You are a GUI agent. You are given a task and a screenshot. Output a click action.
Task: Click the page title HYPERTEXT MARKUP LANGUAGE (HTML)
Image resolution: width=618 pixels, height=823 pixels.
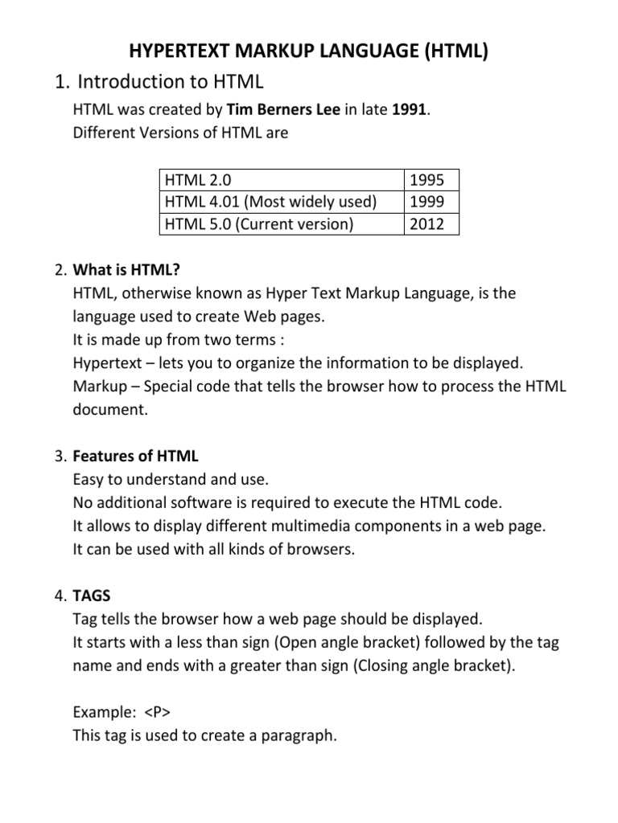309,53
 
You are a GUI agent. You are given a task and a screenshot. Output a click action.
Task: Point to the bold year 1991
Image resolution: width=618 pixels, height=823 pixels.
410,110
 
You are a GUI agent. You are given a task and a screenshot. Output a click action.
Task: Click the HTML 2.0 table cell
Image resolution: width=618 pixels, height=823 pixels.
198,180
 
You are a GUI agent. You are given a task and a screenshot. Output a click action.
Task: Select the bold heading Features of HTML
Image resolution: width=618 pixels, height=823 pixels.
135,457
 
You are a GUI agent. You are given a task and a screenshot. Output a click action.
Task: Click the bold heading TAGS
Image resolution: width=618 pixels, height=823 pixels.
92,596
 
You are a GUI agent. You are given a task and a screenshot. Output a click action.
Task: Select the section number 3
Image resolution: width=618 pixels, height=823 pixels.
60,457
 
